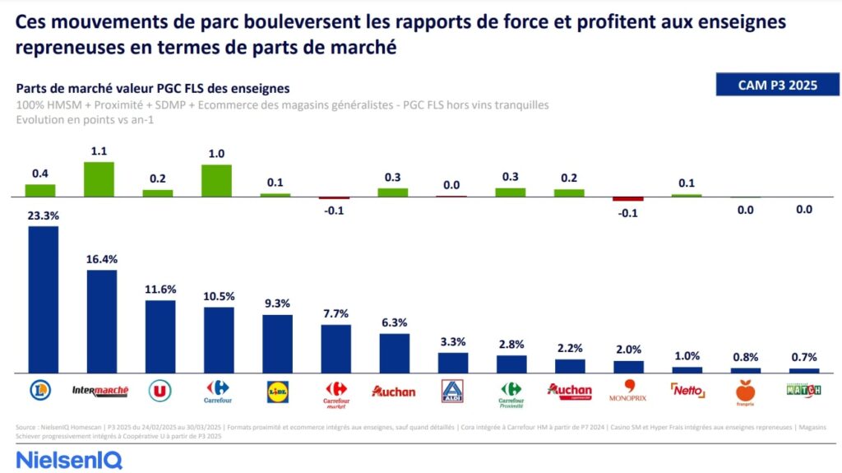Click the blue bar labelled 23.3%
tap(43, 299)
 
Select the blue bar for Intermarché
tap(102, 322)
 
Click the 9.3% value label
tap(277, 304)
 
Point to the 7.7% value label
tap(335, 313)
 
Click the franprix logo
tap(745, 392)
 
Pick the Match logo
tap(804, 390)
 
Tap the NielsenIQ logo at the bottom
tap(69, 459)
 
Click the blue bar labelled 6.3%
tap(394, 353)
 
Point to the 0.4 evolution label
tap(39, 173)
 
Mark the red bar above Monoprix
tap(628, 199)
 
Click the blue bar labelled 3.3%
tap(453, 363)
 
